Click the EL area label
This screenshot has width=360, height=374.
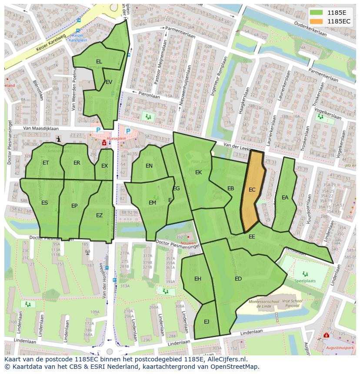[x=99, y=62]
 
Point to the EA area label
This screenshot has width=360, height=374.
[x=285, y=198]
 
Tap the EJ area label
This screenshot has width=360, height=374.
[x=207, y=322]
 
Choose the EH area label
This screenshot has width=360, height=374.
[x=198, y=279]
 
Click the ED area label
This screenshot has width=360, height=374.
[x=238, y=279]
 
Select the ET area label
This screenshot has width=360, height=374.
[x=46, y=163]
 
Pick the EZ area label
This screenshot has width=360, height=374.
[x=99, y=215]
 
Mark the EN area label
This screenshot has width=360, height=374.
[x=149, y=166]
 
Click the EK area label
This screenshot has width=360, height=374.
[x=198, y=172]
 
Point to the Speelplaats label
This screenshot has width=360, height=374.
[x=305, y=281]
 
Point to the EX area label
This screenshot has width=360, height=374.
[x=104, y=166]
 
